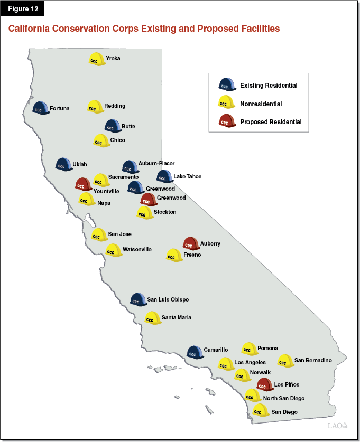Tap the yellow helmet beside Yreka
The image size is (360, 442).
point(96,59)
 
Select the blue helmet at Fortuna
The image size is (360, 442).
point(40,108)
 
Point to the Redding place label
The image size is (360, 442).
point(115,106)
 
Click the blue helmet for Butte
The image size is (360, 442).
point(112,126)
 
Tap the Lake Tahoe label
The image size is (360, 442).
point(187,176)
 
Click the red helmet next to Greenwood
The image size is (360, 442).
point(149,199)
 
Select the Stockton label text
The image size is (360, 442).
point(165,212)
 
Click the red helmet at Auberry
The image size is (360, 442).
point(191,243)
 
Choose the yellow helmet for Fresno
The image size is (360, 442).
point(174,256)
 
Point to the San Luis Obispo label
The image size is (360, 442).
point(168,299)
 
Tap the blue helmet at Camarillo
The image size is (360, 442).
point(195,352)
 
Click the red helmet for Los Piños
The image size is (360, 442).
point(264,384)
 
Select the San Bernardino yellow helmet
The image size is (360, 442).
point(285,361)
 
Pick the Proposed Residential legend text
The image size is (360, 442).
point(271,122)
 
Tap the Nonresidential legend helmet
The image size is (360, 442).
point(227,102)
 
